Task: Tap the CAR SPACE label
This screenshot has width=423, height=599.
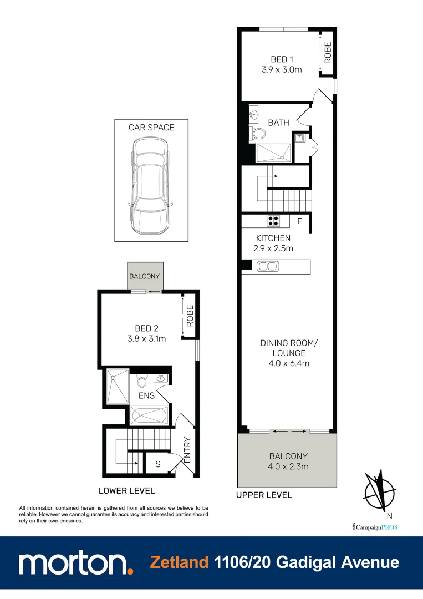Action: coord(151,128)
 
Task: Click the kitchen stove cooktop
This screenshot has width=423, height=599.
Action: coord(274,221)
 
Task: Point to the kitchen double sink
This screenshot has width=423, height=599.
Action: coord(268,267)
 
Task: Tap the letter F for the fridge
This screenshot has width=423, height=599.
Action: coord(299,222)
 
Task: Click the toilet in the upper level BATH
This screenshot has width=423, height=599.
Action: coord(258,134)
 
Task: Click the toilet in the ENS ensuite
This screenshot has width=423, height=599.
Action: coord(141,382)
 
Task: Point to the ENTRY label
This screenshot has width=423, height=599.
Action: coord(187,450)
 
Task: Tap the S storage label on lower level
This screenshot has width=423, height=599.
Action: coord(158,464)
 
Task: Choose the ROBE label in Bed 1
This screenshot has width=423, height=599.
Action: coord(328,53)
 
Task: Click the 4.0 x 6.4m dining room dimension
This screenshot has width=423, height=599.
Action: coord(284,363)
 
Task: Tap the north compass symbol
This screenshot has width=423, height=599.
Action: coord(380,490)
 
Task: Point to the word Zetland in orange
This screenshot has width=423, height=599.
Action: coord(179,562)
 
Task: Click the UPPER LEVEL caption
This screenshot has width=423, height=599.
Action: coord(264,495)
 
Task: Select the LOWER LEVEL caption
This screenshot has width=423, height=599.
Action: coord(126,491)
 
